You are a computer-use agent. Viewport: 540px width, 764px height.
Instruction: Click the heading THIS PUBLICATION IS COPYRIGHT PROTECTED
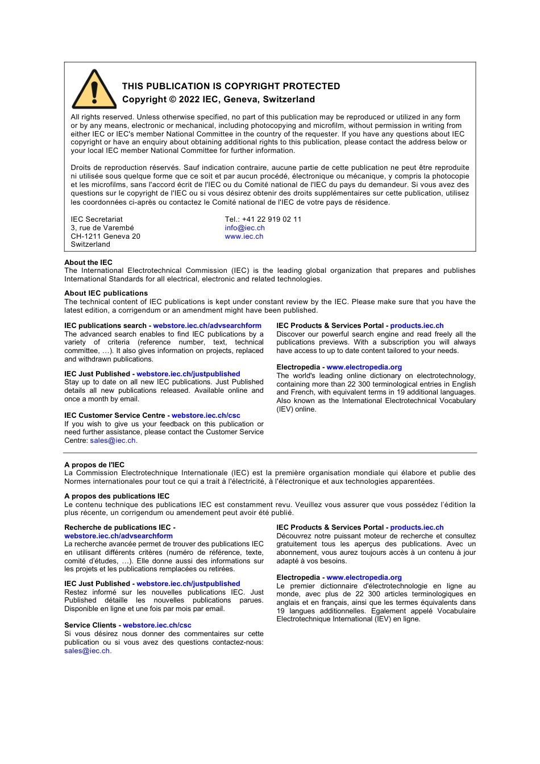click(x=231, y=86)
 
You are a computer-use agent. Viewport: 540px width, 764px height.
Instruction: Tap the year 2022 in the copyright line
click(x=189, y=99)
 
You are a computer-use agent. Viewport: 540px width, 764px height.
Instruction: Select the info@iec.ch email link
click(x=244, y=228)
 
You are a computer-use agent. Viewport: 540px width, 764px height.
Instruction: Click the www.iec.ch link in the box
click(x=244, y=236)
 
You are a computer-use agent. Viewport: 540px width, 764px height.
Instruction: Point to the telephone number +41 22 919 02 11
click(x=272, y=219)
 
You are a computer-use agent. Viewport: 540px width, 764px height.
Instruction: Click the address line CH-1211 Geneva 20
click(x=105, y=236)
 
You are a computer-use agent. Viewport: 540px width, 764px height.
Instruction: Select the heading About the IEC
click(x=88, y=263)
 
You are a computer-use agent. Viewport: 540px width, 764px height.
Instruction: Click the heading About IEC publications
click(x=106, y=293)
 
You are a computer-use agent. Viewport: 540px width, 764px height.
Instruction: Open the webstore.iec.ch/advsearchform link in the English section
click(x=207, y=326)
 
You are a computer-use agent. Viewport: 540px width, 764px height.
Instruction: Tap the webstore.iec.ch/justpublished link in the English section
click(x=188, y=374)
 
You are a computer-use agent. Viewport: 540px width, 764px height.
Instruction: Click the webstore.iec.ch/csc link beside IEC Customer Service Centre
click(x=206, y=416)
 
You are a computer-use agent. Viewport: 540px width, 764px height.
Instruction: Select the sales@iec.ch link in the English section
click(x=113, y=441)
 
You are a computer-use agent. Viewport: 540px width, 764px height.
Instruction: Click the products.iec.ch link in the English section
click(x=417, y=326)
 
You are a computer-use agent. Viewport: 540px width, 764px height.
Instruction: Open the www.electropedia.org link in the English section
click(x=364, y=367)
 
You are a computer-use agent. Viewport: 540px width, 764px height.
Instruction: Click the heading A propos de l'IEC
click(x=94, y=465)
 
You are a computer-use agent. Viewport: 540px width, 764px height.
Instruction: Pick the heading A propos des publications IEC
click(x=117, y=496)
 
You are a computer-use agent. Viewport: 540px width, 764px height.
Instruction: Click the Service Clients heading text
click(x=90, y=625)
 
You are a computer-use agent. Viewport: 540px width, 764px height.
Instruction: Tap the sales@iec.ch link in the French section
click(x=87, y=651)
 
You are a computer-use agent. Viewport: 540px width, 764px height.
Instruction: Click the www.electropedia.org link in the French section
click(x=364, y=578)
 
